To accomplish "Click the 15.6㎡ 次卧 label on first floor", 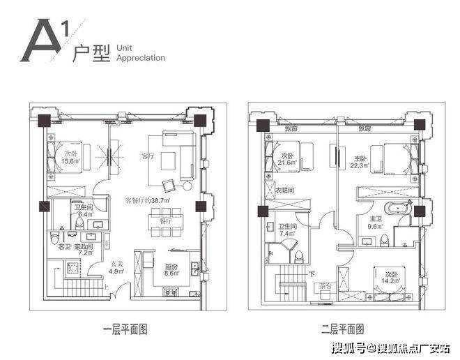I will pyautogui.click(x=70, y=157).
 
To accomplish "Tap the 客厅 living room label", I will pyautogui.click(x=147, y=156).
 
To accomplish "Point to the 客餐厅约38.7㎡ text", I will pyautogui.click(x=148, y=200).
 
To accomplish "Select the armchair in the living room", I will pyautogui.click(x=170, y=185).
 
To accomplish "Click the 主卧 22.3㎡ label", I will pyautogui.click(x=360, y=161).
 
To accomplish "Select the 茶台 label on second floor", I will pyautogui.click(x=325, y=287).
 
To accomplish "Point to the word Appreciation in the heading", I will pyautogui.click(x=141, y=58).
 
